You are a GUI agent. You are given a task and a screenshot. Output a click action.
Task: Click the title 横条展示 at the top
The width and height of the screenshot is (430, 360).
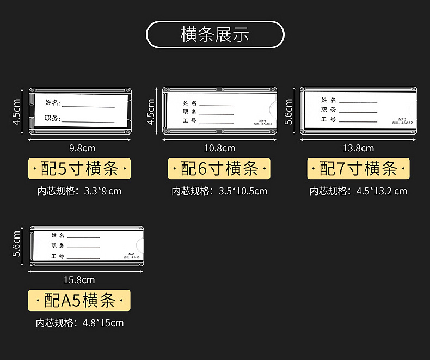click(x=215, y=35)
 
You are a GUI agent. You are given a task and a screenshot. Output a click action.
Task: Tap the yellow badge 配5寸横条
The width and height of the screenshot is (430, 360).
click(x=79, y=169)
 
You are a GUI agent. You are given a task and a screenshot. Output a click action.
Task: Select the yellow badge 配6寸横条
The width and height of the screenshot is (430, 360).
click(x=219, y=169)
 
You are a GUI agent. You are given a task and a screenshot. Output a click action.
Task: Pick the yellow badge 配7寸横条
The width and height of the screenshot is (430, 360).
click(x=359, y=169)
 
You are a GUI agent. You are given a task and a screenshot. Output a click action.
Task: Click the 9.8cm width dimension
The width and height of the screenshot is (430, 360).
click(x=82, y=148)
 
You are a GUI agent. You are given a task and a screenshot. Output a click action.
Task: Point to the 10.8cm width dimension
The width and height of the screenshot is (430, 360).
click(x=219, y=148)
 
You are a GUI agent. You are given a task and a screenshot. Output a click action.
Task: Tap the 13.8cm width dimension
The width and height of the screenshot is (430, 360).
click(x=358, y=148)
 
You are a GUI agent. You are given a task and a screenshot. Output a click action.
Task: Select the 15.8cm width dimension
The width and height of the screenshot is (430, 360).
click(x=79, y=280)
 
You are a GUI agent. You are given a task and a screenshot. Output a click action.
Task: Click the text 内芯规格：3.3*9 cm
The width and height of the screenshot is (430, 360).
click(x=79, y=191)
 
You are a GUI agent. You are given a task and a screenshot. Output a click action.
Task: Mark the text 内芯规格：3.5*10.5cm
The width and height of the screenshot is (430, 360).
click(x=219, y=191)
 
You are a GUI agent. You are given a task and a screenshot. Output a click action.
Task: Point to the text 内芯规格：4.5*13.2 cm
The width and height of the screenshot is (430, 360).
click(x=358, y=191)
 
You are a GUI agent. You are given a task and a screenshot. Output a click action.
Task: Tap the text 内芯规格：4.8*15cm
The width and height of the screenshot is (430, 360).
click(x=79, y=323)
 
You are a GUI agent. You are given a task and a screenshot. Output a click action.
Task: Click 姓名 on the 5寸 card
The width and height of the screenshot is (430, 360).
click(x=53, y=102)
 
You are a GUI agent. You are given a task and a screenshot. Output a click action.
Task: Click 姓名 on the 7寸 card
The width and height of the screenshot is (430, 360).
click(x=328, y=100)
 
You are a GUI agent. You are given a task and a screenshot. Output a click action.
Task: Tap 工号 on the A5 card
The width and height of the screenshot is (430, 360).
click(x=58, y=255)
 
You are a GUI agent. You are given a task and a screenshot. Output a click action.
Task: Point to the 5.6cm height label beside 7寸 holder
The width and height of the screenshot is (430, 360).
click(x=289, y=111)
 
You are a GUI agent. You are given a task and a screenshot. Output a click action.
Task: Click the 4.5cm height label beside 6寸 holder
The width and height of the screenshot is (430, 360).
click(x=151, y=111)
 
